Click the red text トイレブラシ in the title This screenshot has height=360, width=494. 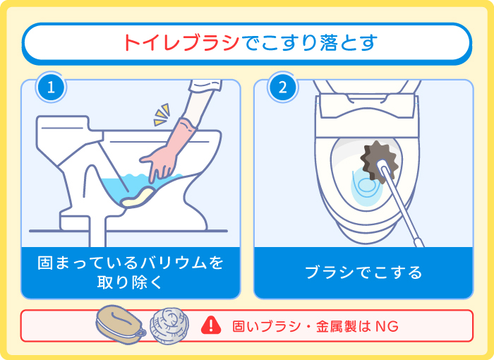tap(183, 42)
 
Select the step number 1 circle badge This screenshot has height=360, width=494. tap(49, 88)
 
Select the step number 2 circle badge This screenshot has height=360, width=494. tap(282, 88)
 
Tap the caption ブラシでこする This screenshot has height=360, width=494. tap(363, 272)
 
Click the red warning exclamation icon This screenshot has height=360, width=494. tap(211, 325)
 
